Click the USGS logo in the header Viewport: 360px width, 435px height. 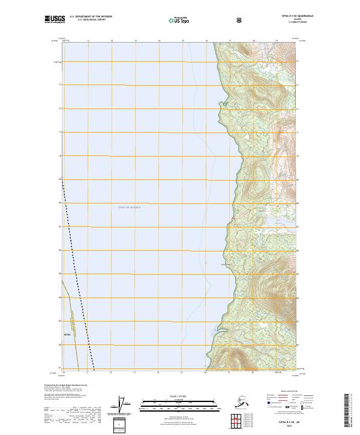(x=56, y=20)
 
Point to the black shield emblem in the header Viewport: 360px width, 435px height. (x=239, y=20)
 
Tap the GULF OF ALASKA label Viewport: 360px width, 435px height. (x=128, y=207)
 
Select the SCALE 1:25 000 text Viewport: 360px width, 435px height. (x=179, y=395)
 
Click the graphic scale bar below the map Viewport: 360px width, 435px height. (x=179, y=401)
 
